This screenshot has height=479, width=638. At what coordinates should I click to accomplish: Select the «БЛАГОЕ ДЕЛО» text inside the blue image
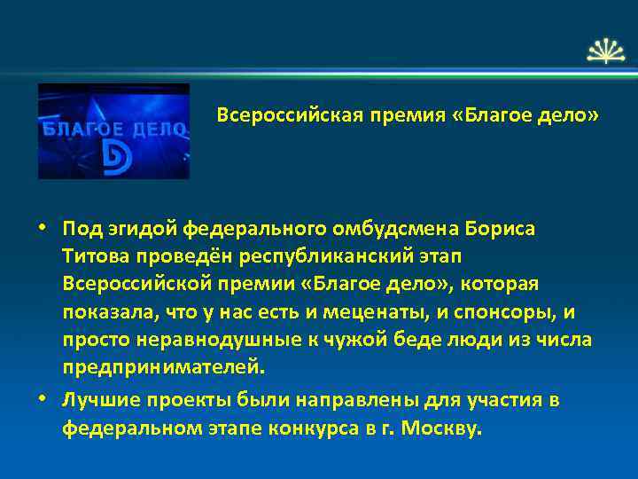113,128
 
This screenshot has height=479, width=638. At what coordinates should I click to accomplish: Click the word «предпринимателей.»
163,367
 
